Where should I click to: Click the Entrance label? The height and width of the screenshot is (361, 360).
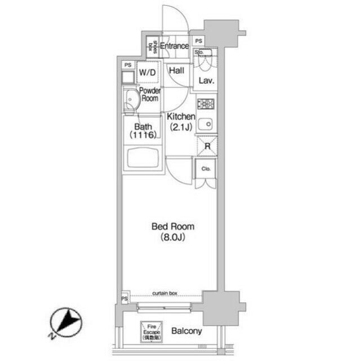click(174, 46)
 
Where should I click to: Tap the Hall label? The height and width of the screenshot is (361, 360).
click(178, 71)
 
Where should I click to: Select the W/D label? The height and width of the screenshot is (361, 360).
click(148, 72)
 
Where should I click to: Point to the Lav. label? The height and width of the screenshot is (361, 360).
click(205, 81)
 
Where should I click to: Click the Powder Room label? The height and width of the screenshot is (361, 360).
click(149, 94)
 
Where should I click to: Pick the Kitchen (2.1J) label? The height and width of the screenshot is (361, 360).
click(181, 121)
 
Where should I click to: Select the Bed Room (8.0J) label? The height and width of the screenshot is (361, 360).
click(172, 231)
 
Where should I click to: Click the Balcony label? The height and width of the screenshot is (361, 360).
click(186, 331)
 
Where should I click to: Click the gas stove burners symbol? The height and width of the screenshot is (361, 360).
click(206, 104)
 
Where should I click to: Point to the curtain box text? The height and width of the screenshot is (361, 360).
click(165, 293)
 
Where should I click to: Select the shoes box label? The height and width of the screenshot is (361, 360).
click(151, 46)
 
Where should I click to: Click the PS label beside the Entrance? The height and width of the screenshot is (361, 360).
click(198, 41)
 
